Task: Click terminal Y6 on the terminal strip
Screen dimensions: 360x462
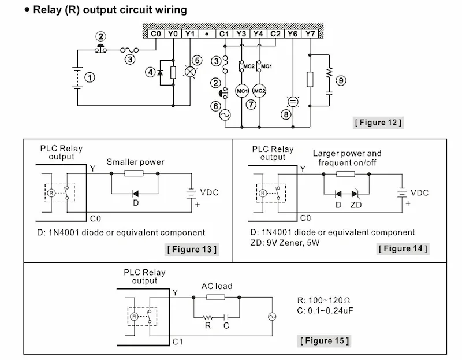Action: [x=293, y=34]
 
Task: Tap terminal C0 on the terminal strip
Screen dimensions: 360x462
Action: [x=156, y=34]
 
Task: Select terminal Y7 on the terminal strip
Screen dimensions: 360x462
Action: [x=311, y=34]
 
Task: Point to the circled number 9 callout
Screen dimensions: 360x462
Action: [x=341, y=80]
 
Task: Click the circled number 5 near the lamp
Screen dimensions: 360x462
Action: [x=197, y=60]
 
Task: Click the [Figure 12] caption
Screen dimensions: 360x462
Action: [x=378, y=123]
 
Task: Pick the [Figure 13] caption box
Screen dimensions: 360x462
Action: [x=192, y=250]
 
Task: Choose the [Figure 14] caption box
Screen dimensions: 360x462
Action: [x=403, y=248]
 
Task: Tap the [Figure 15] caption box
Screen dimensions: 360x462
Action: [x=324, y=340]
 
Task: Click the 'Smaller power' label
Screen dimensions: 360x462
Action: [x=136, y=162]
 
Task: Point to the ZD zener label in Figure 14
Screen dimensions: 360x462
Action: [x=356, y=205]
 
